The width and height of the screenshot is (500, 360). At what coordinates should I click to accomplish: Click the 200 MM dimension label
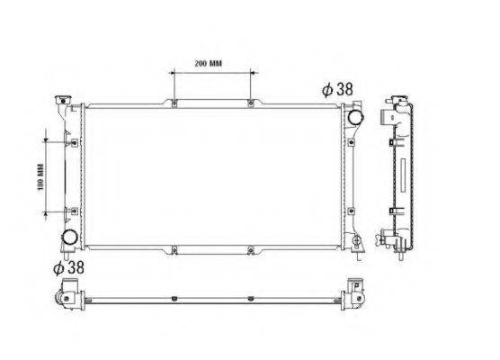tap(209, 64)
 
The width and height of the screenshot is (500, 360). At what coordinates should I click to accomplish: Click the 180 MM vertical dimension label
tap(40, 177)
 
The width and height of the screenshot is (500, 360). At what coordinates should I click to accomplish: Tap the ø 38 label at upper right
tap(337, 89)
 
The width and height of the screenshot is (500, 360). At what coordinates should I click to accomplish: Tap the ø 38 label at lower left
tap(68, 267)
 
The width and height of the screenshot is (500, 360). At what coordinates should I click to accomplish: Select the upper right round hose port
tap(355, 117)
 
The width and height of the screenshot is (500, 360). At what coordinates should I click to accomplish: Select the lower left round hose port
tap(70, 237)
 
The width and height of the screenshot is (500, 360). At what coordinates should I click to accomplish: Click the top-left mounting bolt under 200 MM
tap(174, 103)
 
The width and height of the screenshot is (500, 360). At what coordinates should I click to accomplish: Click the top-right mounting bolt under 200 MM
tap(251, 103)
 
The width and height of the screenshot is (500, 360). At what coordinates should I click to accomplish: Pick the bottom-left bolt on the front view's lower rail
tap(174, 250)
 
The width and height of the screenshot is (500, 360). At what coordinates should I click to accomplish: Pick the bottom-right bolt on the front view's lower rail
tap(251, 250)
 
